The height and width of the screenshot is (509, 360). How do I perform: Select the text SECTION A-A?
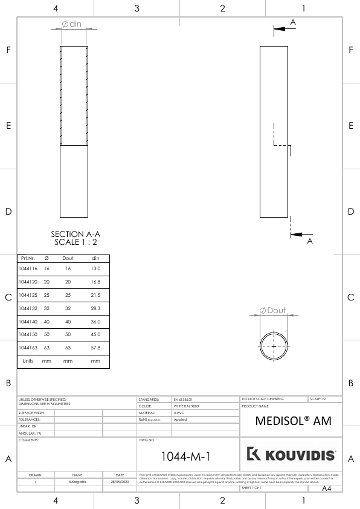click(76, 234)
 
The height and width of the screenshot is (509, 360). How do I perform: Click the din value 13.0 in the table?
click(95, 268)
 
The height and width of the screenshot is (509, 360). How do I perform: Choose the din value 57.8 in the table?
click(95, 348)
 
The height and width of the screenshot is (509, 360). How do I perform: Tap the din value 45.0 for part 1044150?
click(95, 334)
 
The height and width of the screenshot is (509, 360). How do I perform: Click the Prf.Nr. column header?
click(28, 258)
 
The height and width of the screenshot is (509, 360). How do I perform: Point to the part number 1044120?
click(28, 281)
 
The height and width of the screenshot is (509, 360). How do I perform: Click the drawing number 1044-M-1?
click(187, 454)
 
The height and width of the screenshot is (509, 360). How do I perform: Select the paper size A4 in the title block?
click(327, 487)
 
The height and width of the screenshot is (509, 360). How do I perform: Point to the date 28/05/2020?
click(120, 482)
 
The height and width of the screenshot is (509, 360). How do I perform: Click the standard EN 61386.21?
click(184, 400)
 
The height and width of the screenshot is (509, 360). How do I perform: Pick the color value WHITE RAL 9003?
click(186, 406)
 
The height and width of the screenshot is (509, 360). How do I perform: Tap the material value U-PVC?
click(179, 413)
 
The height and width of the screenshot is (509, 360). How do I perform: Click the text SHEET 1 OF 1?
click(251, 487)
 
